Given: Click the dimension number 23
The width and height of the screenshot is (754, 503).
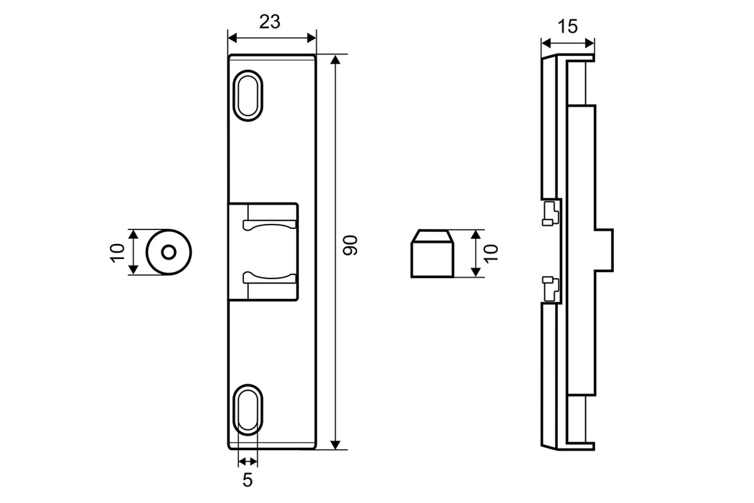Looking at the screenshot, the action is [x=270, y=22].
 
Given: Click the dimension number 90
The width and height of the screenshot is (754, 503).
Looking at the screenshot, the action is [x=350, y=245].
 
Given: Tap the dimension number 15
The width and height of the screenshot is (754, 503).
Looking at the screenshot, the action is [x=568, y=26].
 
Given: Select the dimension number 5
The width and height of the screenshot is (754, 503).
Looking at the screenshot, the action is [x=248, y=480].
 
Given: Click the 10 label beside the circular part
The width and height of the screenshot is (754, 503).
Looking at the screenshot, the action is [x=117, y=253].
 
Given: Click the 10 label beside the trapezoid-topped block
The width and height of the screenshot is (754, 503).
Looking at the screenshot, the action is [x=491, y=253].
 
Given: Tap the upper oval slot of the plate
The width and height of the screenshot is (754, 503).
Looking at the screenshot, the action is [x=248, y=96].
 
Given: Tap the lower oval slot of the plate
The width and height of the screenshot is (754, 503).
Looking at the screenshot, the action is [x=248, y=410].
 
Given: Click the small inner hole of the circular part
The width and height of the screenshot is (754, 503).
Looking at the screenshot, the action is [x=168, y=252].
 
